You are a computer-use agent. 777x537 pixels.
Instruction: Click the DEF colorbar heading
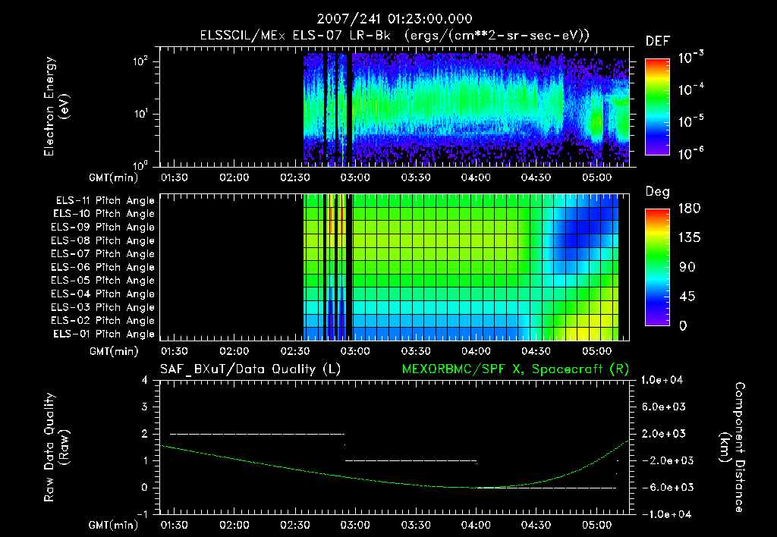click(x=657, y=42)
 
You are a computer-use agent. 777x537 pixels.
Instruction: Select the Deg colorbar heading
click(x=657, y=192)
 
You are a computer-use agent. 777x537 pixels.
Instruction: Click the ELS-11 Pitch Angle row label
click(x=105, y=201)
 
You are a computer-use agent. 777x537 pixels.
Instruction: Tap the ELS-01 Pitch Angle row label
click(x=105, y=334)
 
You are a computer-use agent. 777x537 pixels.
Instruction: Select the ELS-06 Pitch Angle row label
click(x=105, y=267)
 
